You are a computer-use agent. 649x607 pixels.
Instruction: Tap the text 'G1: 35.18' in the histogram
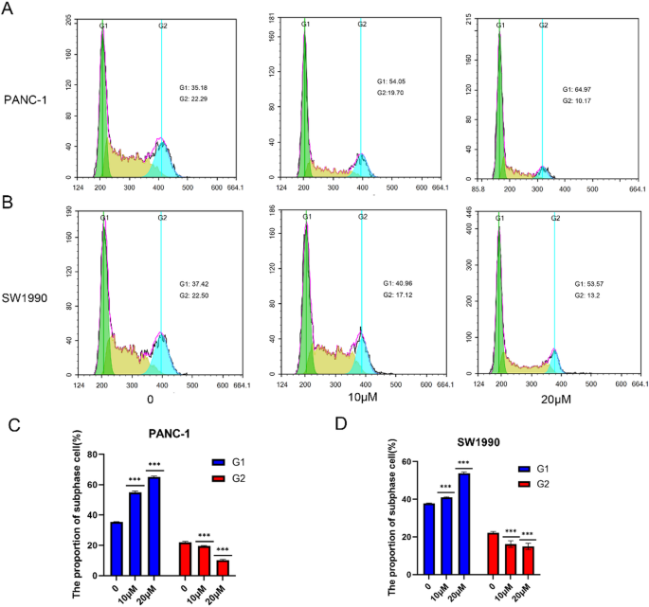click(199, 88)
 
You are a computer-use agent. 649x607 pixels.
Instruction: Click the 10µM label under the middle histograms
click(363, 401)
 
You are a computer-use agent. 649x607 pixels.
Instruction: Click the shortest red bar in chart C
click(223, 567)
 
